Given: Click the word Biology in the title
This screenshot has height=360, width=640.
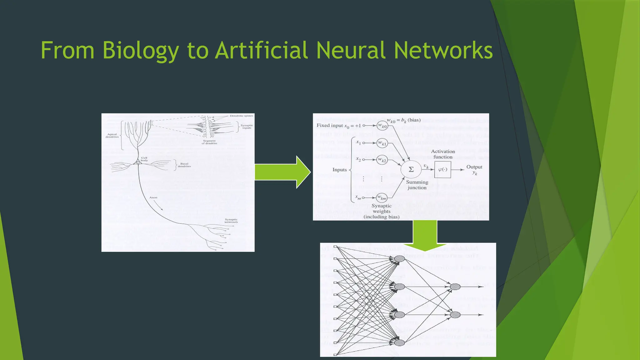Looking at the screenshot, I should coord(141,51).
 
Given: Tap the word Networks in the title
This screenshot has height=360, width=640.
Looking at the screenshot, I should coord(443,51).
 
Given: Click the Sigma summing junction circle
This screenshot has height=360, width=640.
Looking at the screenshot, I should coord(411,169).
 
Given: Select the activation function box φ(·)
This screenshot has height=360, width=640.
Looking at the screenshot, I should coord(442,169).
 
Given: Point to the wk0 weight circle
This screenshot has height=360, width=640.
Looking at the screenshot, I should coord(382,126).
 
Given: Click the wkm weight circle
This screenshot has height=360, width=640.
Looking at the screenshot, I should coord(382,197).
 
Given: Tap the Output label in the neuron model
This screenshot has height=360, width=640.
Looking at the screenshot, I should coord(474,167).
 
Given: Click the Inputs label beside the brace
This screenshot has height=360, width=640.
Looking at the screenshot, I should coord(339,170).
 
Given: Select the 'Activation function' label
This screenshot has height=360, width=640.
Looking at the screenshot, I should coord(443,154).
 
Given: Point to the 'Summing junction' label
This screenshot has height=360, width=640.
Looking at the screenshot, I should coord(417,185).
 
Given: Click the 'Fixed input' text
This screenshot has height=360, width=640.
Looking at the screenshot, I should coord(330,125).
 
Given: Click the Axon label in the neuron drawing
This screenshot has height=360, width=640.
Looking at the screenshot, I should coord(153,197).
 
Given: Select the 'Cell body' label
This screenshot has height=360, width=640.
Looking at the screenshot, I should coord(144,159).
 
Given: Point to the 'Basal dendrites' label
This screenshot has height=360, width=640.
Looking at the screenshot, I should coord(184,165).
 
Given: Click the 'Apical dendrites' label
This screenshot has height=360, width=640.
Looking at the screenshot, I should coord(112,136).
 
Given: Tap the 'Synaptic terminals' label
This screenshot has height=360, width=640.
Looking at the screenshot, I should coord(231,221).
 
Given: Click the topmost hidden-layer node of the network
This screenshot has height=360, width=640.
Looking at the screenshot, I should coord(400,259).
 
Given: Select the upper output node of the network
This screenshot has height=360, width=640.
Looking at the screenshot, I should coord(455,287).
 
